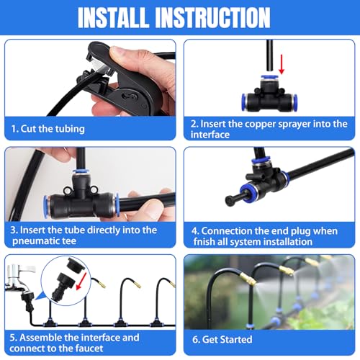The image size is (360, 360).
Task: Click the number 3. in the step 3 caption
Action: click(15, 230)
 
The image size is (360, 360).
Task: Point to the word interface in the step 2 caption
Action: click(215, 134)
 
